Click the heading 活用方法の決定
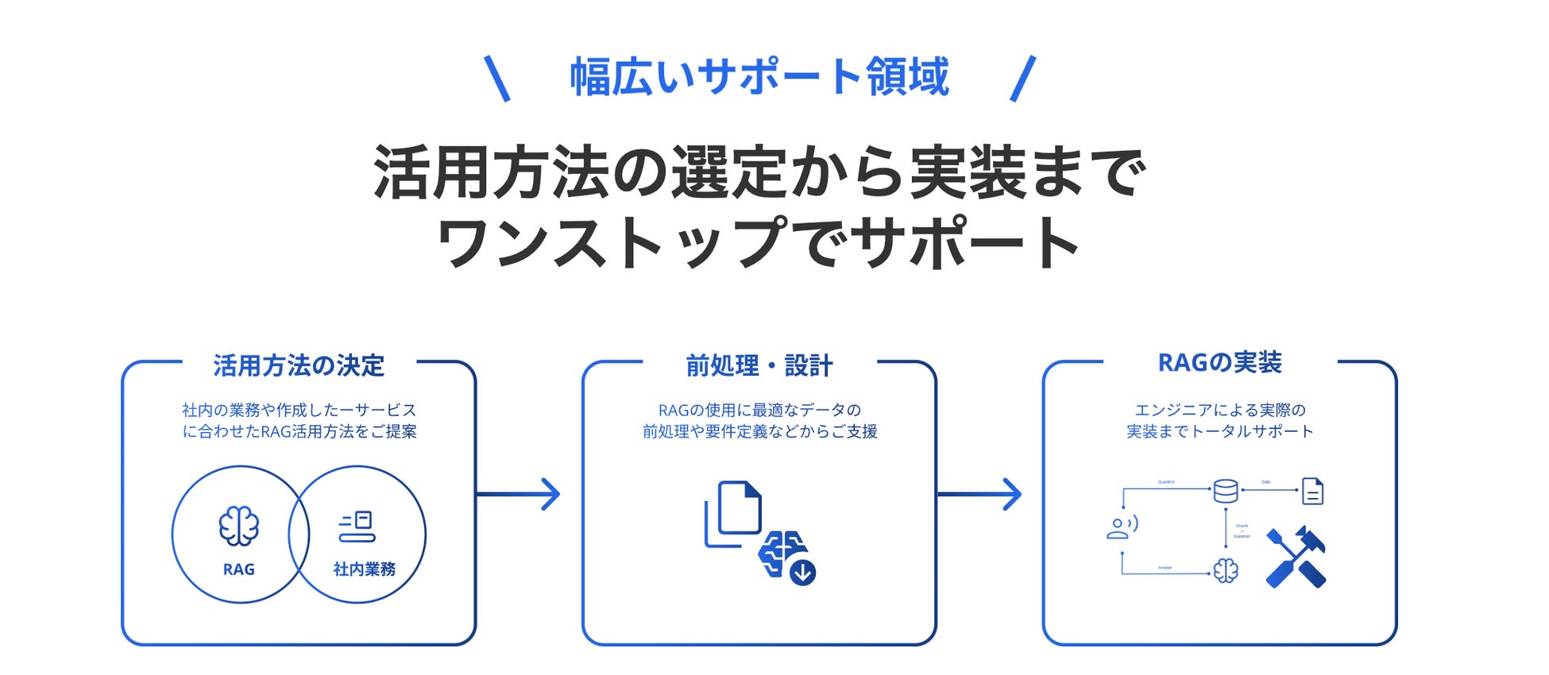coord(299,365)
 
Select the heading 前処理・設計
coord(759,365)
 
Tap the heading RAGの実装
coord(1219,363)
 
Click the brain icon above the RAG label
coord(239,526)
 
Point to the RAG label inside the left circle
coord(239,569)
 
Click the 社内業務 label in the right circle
coord(364,569)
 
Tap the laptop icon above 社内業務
coord(357,526)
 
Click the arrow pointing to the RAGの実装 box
coord(980,494)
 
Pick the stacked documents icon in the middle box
coord(732,512)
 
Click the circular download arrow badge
coord(803,572)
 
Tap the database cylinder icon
coord(1226,492)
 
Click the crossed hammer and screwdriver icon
coord(1296,557)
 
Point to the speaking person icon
coord(1122,528)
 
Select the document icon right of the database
coord(1312,492)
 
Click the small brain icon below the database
coord(1226,570)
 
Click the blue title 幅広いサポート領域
coord(759,77)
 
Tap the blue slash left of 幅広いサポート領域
coord(497,78)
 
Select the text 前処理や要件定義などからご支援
coord(759,431)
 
